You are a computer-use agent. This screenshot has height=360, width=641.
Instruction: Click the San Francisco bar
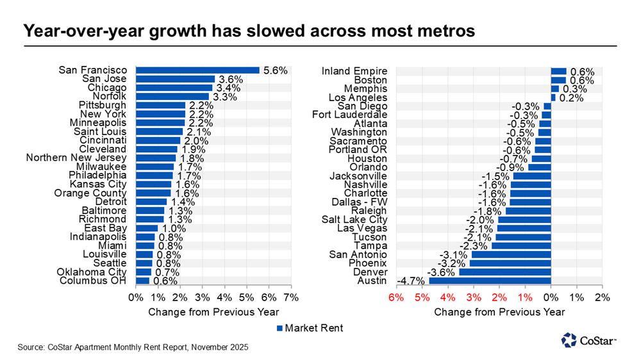coord(197,70)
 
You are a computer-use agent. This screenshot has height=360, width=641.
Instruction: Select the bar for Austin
coord(490,281)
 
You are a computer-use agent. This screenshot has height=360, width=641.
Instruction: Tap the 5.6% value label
coord(274,70)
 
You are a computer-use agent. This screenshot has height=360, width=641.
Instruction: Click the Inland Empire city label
coord(354,70)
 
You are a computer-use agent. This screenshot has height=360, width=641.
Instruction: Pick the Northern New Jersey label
coord(76,158)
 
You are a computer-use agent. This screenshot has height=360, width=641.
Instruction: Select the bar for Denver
coord(504,272)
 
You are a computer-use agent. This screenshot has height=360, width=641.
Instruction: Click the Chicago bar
coord(174,88)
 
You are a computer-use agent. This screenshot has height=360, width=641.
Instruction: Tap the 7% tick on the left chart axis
coord(291,298)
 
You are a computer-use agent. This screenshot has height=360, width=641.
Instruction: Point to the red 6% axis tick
coord(396,298)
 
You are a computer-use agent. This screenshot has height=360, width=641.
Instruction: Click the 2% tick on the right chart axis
coord(603,298)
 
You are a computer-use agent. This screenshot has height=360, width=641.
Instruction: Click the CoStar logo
coord(587,341)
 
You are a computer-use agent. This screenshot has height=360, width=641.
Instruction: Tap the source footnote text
coord(133,347)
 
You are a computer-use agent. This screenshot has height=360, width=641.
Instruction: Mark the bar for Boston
coord(558,79)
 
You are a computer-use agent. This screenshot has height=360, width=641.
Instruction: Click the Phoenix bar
coord(510,263)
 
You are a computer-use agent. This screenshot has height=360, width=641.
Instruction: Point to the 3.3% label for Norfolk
coord(225,97)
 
